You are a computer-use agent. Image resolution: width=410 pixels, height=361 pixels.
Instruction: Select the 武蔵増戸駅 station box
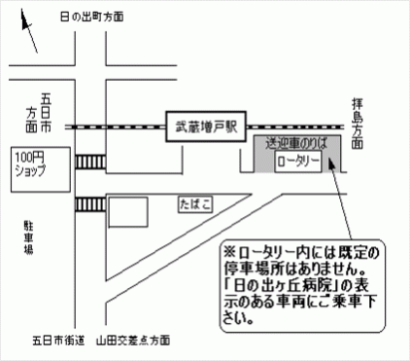point(205,126)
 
